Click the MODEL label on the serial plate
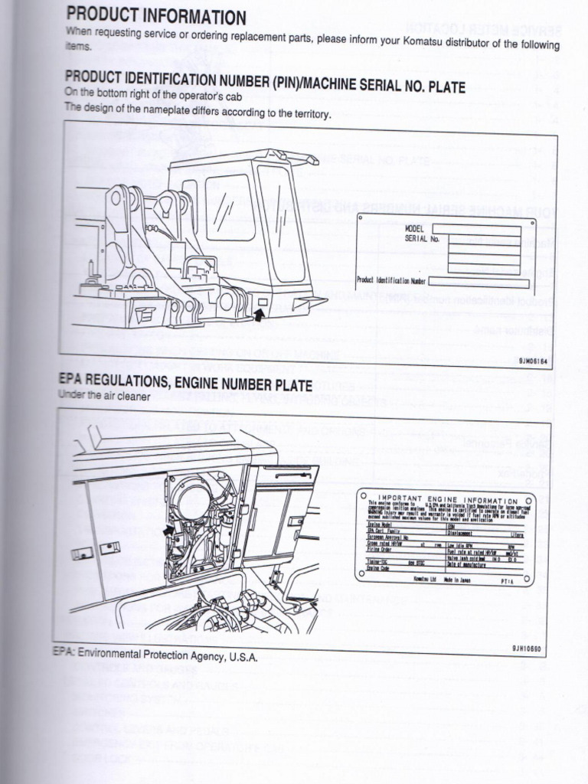click(x=415, y=228)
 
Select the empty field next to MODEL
click(x=475, y=229)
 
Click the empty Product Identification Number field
click(x=478, y=283)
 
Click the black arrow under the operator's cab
click(x=260, y=312)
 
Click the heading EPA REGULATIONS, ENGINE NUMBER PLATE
click(x=185, y=384)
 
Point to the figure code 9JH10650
click(x=527, y=649)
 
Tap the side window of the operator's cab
click(x=230, y=207)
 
